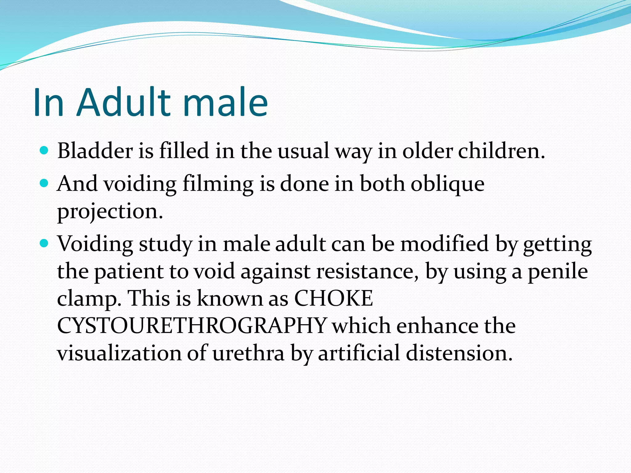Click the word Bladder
[95, 151]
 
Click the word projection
[110, 212]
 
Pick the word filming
[218, 184]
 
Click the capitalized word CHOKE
[333, 298]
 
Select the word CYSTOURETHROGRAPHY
[192, 325]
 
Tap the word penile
[558, 272]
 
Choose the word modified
[444, 244]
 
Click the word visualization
[119, 353]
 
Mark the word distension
[459, 353]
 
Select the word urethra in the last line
[248, 353]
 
